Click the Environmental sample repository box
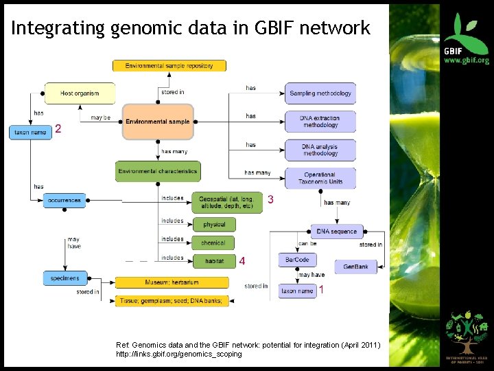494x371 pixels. click(x=169, y=66)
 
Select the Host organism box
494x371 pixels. click(x=80, y=93)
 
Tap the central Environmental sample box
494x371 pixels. click(x=158, y=122)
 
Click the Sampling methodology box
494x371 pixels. click(x=320, y=93)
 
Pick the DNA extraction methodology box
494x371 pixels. click(x=320, y=122)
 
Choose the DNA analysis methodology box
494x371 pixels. click(x=320, y=149)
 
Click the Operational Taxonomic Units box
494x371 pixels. click(x=320, y=178)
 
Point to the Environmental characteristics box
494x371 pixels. click(x=158, y=171)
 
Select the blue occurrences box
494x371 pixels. click(x=64, y=201)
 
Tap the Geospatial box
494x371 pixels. click(x=227, y=202)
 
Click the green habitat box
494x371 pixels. click(x=213, y=261)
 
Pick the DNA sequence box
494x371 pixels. click(x=336, y=232)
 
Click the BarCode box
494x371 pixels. click(x=298, y=260)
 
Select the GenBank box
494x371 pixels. click(x=356, y=267)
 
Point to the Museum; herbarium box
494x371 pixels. click(x=172, y=282)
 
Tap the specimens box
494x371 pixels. click(x=64, y=278)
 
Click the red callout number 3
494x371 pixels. click(x=271, y=200)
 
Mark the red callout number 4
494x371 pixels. click(x=242, y=261)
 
